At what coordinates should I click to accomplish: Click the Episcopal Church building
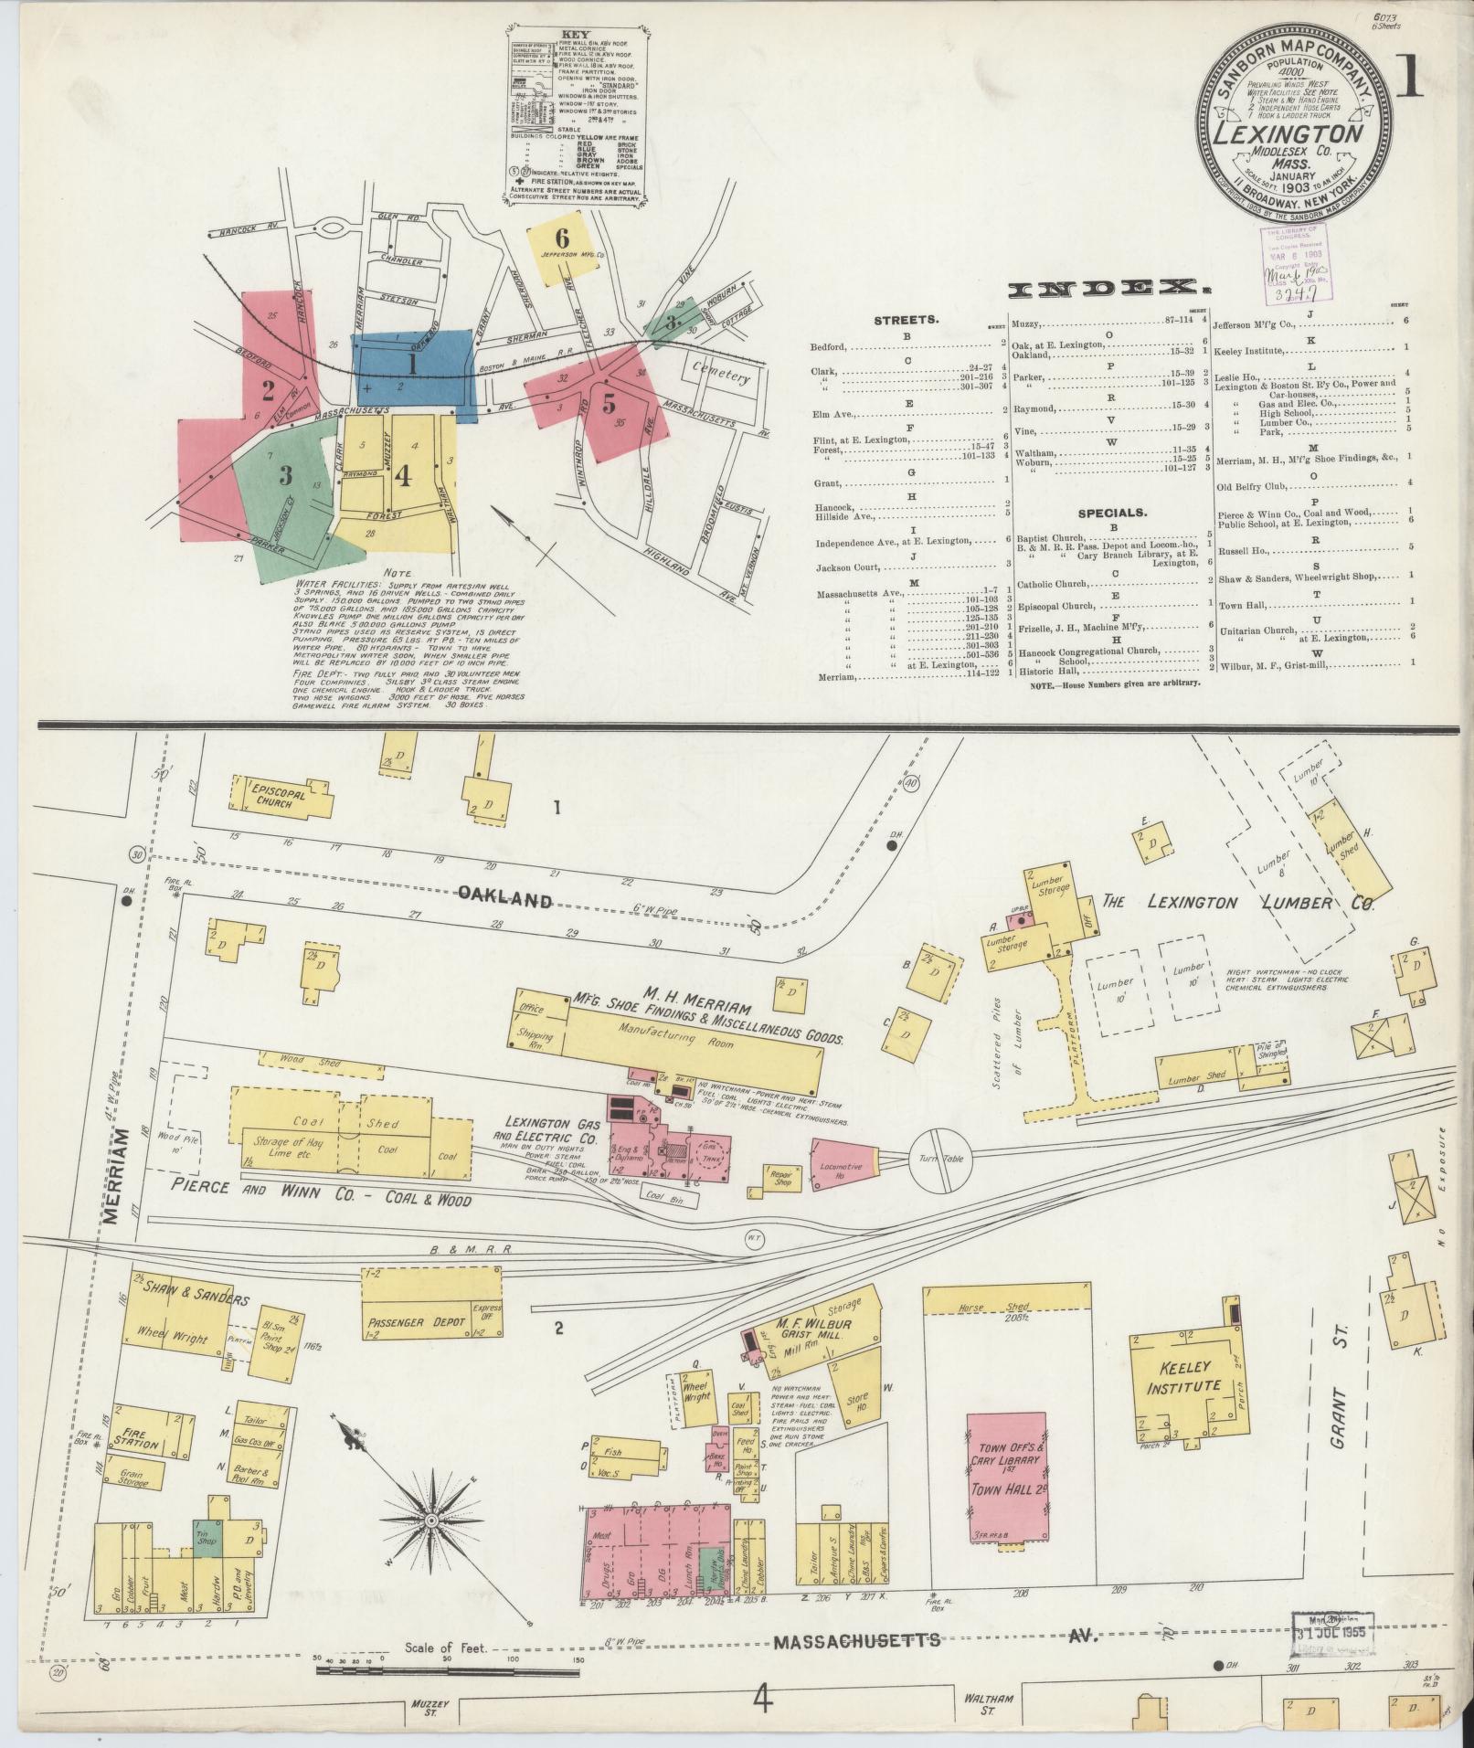(279, 795)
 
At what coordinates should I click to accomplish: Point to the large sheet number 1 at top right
(1411, 79)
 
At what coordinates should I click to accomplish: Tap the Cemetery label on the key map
(720, 376)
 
